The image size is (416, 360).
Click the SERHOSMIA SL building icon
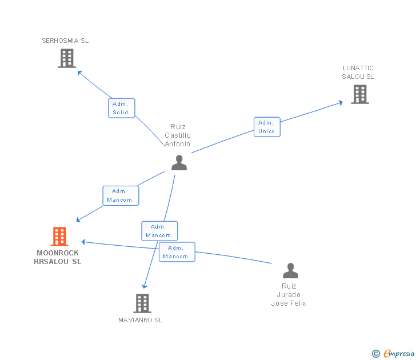click(x=67, y=58)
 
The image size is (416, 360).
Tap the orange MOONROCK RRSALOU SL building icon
click(x=59, y=237)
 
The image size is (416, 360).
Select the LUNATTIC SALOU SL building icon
click(x=360, y=94)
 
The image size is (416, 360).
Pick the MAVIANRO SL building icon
click(x=142, y=303)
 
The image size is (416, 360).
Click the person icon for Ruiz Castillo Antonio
click(x=179, y=163)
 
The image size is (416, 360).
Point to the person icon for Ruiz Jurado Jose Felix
click(x=290, y=270)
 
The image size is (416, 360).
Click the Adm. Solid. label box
click(x=122, y=108)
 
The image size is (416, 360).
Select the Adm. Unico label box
click(x=267, y=127)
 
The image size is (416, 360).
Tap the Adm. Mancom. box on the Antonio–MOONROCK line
click(x=121, y=195)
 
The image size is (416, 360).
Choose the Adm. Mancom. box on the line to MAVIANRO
click(x=159, y=231)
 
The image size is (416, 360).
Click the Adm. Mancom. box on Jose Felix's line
click(x=177, y=252)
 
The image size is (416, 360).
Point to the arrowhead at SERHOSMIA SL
click(x=80, y=73)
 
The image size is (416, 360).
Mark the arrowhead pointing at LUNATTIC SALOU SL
click(x=340, y=103)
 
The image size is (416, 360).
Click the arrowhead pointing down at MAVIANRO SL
click(x=145, y=285)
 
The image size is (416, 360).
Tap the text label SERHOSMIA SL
click(x=65, y=41)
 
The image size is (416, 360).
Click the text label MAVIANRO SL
click(x=141, y=320)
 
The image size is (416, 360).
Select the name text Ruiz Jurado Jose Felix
click(x=289, y=295)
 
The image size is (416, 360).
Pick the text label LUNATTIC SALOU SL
click(x=358, y=73)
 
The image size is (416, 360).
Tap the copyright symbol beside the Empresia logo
click(x=375, y=354)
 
